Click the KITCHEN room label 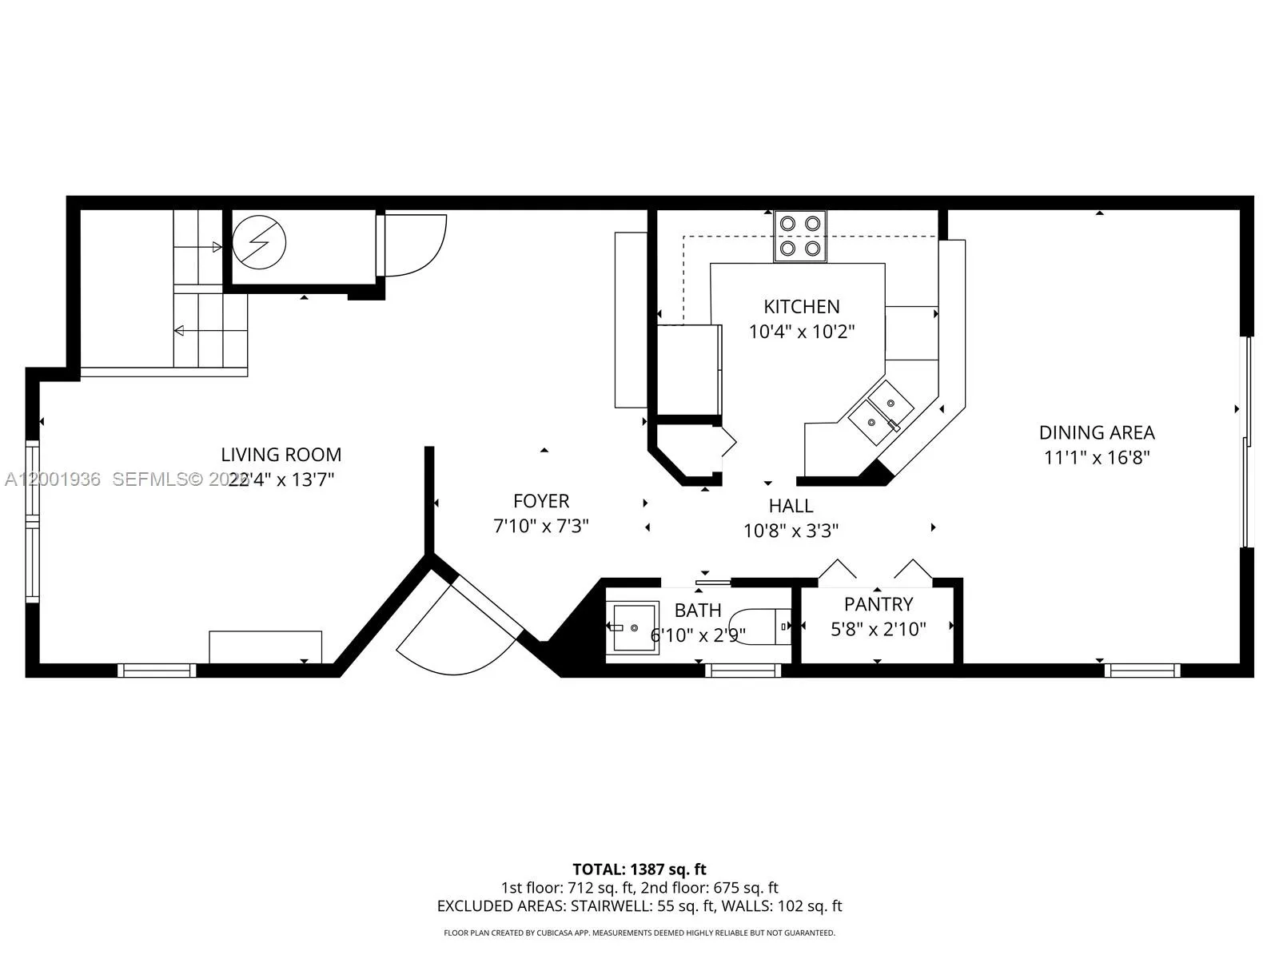(x=801, y=306)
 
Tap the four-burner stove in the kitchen (x=799, y=236)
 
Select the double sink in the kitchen (x=880, y=411)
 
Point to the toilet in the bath (x=760, y=626)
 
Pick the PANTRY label (x=878, y=604)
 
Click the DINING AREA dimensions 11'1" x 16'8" (x=1097, y=458)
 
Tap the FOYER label (x=541, y=501)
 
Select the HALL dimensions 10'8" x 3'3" (x=791, y=531)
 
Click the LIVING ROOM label (x=281, y=455)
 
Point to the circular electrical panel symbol (x=259, y=242)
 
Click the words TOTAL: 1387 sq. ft (x=639, y=869)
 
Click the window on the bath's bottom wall (x=743, y=671)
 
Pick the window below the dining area (x=1142, y=671)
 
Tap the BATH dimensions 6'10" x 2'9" (x=698, y=635)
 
